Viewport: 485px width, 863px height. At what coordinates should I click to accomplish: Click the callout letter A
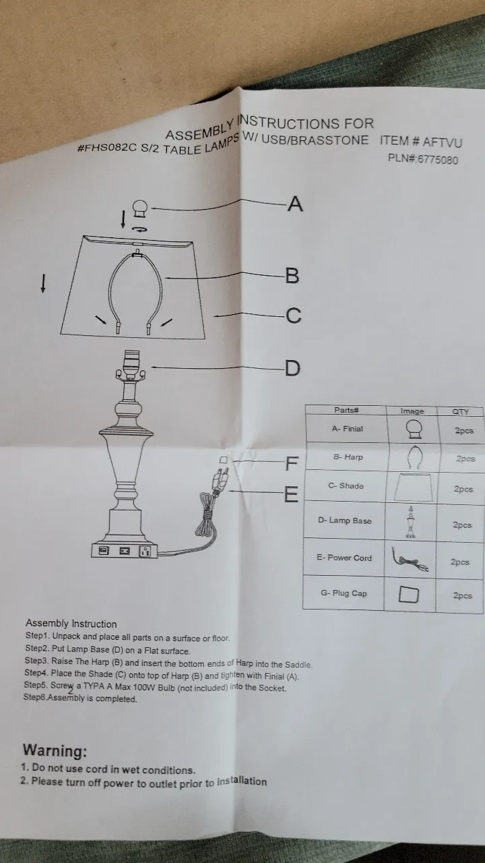coord(295,204)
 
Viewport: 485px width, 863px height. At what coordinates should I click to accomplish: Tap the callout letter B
coord(292,276)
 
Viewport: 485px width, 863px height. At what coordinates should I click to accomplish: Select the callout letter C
coord(293,316)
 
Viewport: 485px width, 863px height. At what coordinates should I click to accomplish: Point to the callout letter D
coord(292,368)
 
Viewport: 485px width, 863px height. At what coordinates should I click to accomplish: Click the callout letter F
coord(292,463)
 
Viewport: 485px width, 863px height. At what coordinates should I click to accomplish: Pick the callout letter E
coord(291,494)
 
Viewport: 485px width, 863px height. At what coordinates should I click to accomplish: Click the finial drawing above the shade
coord(140,209)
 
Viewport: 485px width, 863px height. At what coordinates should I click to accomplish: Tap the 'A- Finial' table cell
coord(347,429)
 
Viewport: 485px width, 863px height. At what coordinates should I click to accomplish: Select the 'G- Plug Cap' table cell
coord(344,593)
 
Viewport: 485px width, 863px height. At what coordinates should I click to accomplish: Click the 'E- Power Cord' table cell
coord(344,558)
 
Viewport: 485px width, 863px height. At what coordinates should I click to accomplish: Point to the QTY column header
coord(460,411)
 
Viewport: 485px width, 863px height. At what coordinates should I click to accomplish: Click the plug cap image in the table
coord(408,594)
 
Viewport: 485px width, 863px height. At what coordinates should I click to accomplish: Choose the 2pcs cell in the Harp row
coord(465,458)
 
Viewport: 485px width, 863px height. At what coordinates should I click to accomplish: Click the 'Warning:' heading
coord(55,750)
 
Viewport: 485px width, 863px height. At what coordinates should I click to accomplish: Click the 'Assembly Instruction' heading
coord(71,624)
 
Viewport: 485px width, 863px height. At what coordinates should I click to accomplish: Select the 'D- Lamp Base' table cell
coord(344,520)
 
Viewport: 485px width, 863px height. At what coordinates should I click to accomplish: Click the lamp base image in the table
coord(411,522)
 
